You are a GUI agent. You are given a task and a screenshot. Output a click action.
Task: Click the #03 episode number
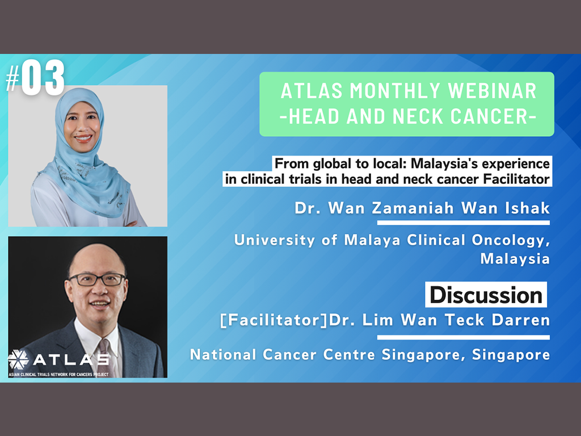(x=35, y=78)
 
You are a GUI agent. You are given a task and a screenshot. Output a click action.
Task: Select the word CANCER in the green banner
(x=491, y=116)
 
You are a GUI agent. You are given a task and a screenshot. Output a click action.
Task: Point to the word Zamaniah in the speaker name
(x=413, y=208)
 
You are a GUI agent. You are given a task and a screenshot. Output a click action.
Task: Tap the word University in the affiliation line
(x=275, y=240)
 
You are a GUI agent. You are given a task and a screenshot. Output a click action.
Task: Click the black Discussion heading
(x=486, y=295)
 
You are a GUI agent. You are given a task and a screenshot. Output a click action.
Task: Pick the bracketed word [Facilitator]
(x=274, y=320)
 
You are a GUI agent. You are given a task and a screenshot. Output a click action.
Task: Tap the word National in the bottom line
(x=223, y=354)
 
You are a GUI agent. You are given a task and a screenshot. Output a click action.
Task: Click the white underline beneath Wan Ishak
(x=464, y=223)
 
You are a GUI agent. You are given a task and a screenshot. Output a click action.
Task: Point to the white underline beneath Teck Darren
(x=464, y=337)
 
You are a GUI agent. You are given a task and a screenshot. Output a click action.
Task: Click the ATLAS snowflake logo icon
(x=18, y=359)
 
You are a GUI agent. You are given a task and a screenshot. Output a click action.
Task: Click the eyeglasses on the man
(x=97, y=279)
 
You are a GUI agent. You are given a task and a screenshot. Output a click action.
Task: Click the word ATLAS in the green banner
(x=312, y=91)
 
